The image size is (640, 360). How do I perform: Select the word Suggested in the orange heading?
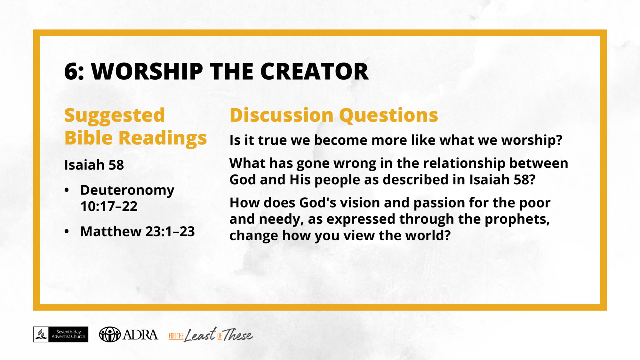coord(115,116)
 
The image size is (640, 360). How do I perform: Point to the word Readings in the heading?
coord(163,138)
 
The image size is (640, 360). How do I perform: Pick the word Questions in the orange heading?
coord(388,116)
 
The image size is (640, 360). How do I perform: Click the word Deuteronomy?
coord(127,190)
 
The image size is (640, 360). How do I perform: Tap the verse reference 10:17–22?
coord(109,206)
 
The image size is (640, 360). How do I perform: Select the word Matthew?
coord(111,231)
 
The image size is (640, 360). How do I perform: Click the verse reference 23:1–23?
coord(170,231)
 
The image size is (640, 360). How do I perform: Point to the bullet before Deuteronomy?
coord(67,190)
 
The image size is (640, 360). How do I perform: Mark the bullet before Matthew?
coord(67,231)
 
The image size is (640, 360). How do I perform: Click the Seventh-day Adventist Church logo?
coord(61,334)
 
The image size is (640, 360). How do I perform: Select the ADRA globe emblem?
coord(110,334)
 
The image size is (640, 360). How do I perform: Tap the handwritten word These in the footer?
coord(237,335)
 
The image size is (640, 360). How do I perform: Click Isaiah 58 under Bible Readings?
coord(94,165)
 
